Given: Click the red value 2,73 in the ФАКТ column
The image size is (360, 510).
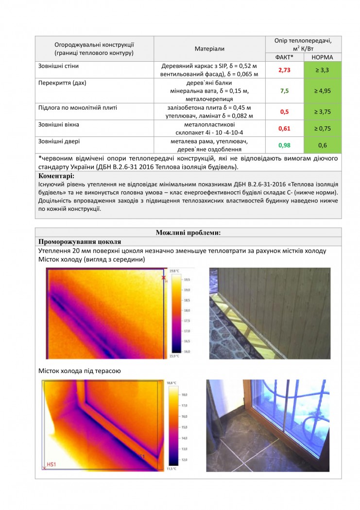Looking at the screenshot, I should (x=284, y=70).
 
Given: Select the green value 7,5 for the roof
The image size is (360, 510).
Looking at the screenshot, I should (x=284, y=91).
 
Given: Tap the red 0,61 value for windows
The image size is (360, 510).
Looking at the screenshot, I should (x=284, y=129).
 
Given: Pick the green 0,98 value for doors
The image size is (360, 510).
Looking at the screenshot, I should (x=284, y=145).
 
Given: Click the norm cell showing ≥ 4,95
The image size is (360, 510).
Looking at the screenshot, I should (x=322, y=91).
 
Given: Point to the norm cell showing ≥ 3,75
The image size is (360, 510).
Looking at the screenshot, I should (x=322, y=112).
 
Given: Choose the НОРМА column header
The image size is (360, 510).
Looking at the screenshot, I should (x=322, y=57).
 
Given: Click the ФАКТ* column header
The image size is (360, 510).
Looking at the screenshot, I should (x=284, y=57).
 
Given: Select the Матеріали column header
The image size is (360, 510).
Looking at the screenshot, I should (x=209, y=49).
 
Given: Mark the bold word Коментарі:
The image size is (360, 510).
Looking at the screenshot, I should (x=56, y=176).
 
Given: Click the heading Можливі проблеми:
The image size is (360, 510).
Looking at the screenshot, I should (x=188, y=232).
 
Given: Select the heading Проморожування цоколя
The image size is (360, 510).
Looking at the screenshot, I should (x=80, y=241).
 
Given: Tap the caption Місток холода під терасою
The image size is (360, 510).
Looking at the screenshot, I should (x=80, y=371).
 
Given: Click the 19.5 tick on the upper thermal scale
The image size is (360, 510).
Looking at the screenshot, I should (x=187, y=280).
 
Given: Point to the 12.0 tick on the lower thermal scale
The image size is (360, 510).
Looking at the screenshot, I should (x=184, y=459).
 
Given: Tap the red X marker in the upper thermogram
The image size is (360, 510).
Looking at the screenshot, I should (x=164, y=277).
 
